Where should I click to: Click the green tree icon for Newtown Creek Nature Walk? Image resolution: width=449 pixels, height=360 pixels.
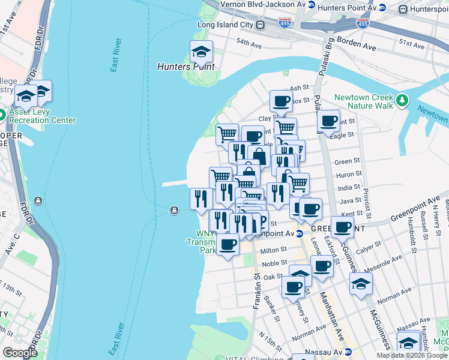click(402, 101)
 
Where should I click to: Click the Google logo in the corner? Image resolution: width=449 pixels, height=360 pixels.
click(20, 353)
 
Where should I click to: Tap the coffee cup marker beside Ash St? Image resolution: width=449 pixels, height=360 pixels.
click(280, 101)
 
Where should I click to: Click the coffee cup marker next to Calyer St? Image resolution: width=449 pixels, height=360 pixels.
click(343, 229)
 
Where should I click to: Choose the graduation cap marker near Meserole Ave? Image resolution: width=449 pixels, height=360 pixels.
click(361, 283)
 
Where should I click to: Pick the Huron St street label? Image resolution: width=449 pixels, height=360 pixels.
click(347, 174)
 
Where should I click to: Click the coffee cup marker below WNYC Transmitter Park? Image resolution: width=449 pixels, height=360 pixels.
click(228, 245)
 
